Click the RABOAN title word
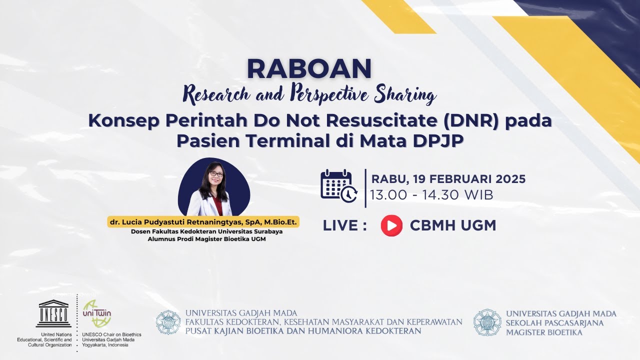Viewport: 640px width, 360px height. [x=309, y=69]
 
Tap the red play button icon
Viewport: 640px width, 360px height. [x=391, y=225]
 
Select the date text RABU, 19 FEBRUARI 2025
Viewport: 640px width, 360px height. [x=448, y=179]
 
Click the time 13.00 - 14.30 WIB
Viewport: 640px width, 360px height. [x=432, y=195]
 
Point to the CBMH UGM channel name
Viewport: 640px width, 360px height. [x=453, y=225]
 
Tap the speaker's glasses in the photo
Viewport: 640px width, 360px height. [x=216, y=174]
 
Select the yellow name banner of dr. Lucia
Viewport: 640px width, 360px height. [x=203, y=222]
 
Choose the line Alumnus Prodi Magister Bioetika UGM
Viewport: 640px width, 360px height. [x=206, y=239]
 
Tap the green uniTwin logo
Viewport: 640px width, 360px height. [x=96, y=313]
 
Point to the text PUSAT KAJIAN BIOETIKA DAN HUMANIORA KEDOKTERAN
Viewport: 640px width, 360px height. [x=303, y=331]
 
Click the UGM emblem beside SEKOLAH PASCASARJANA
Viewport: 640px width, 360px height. [x=487, y=322]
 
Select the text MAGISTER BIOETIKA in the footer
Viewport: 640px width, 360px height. [x=544, y=332]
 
